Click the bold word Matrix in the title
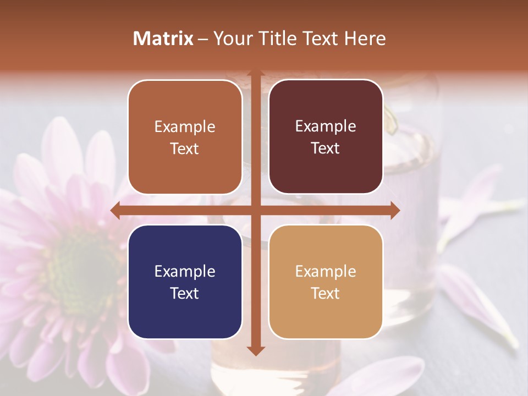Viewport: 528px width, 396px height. tap(163, 38)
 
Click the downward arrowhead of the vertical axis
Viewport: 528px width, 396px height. tap(255, 350)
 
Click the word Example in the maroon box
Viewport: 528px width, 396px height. tap(326, 127)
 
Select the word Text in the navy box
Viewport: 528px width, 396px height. tap(185, 293)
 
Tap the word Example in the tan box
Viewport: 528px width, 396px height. tap(326, 271)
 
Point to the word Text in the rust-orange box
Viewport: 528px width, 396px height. tap(185, 148)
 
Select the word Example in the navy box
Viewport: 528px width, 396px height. tap(185, 271)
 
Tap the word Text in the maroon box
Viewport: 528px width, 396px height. tap(326, 148)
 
